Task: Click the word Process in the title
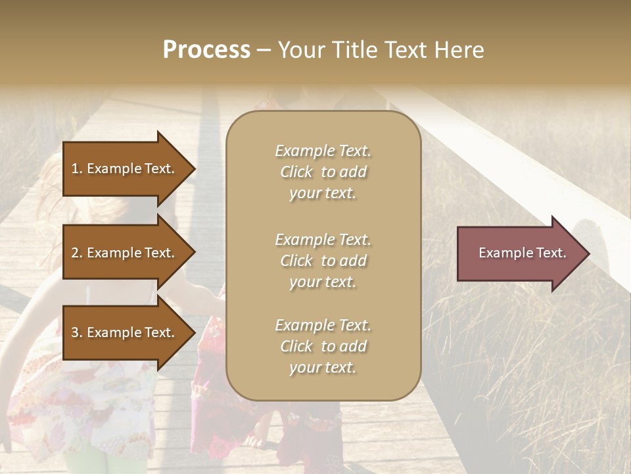pyautogui.click(x=206, y=50)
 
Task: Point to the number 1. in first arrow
pyautogui.click(x=77, y=169)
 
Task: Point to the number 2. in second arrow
pyautogui.click(x=77, y=253)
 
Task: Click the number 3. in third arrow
pyautogui.click(x=77, y=332)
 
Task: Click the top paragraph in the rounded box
pyautogui.click(x=323, y=172)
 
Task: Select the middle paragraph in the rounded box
pyautogui.click(x=323, y=261)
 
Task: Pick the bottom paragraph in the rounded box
pyautogui.click(x=323, y=346)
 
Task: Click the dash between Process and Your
pyautogui.click(x=264, y=51)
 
